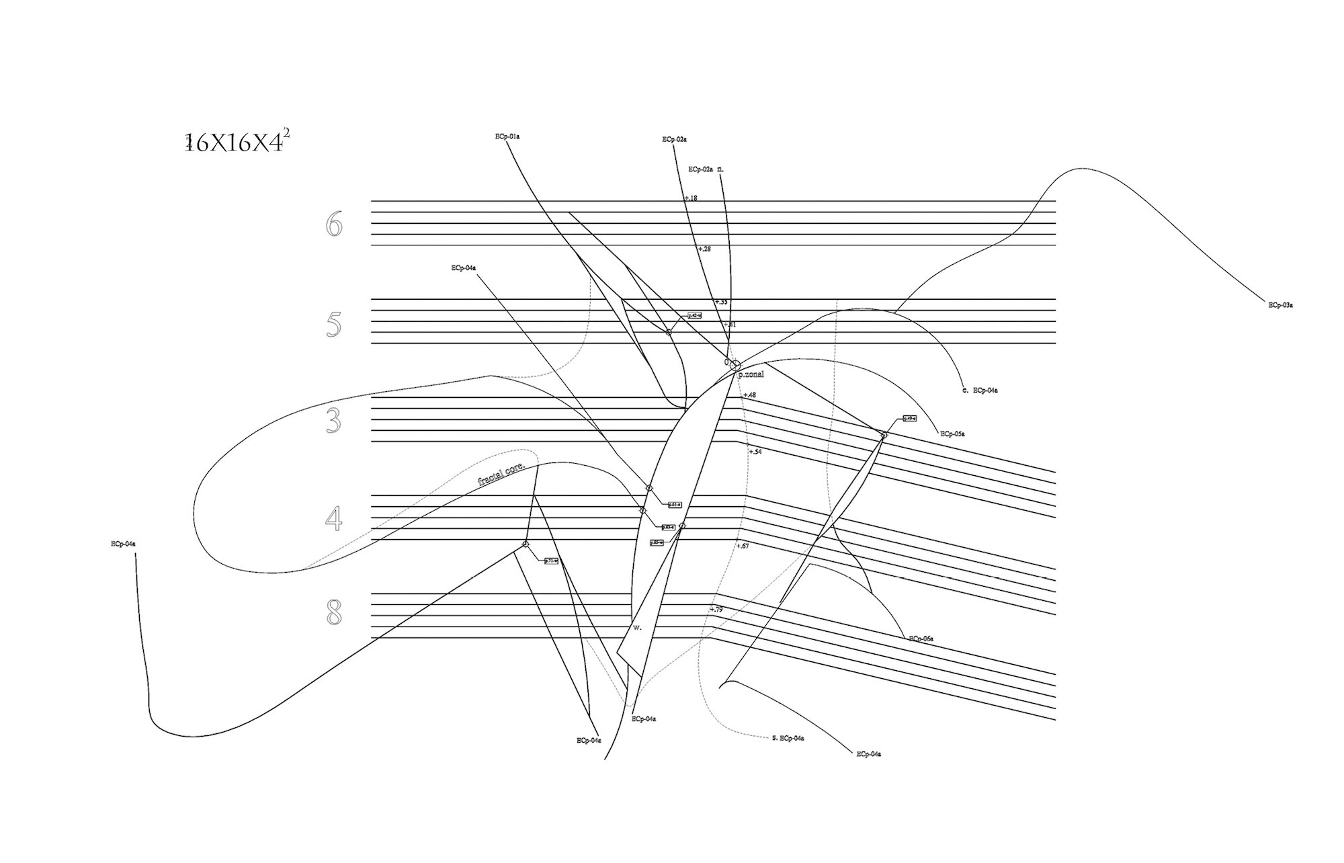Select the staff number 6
tap(334, 224)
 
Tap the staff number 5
tap(333, 325)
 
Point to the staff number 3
tap(333, 421)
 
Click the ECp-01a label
tap(507, 136)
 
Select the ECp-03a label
tap(1280, 305)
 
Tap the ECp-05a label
tap(952, 434)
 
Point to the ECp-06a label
tap(921, 639)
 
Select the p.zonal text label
tap(751, 374)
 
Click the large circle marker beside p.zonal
tap(735, 366)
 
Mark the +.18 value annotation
tap(691, 198)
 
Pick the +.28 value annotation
tap(704, 249)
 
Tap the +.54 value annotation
tap(755, 452)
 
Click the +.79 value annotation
tap(716, 610)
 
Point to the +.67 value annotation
tap(743, 546)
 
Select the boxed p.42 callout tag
tap(695, 315)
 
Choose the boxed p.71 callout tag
tap(551, 561)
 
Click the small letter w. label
tap(637, 627)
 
